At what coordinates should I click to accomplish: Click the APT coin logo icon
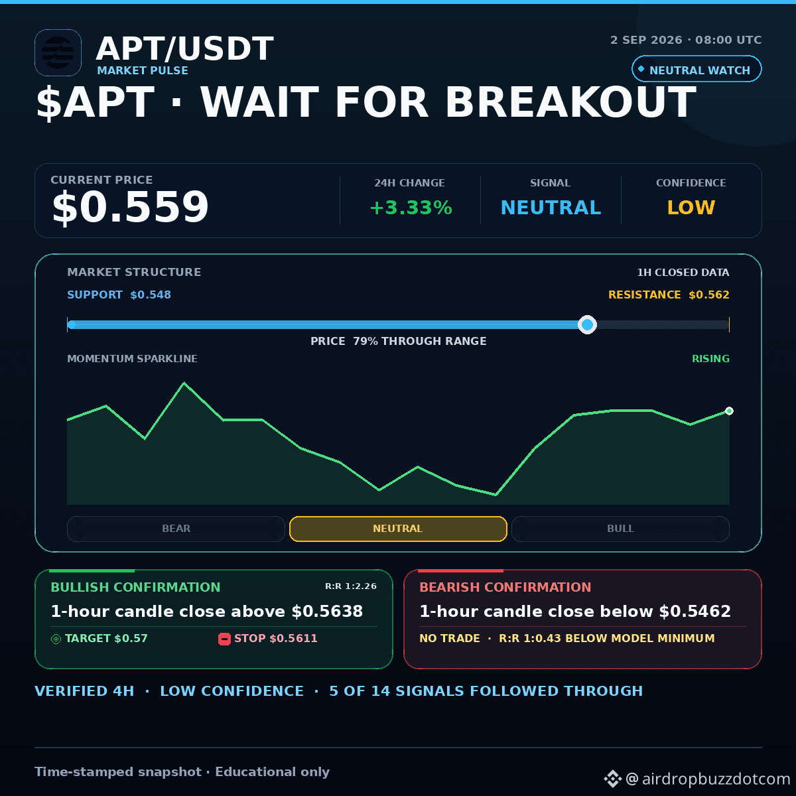[58, 52]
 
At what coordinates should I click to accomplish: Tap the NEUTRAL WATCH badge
[696, 69]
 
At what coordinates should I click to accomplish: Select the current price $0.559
[130, 206]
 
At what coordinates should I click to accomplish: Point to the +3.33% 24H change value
[411, 208]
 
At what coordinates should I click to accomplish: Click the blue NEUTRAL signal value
[551, 208]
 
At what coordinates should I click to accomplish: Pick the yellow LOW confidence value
[691, 208]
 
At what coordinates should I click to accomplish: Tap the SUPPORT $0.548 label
[119, 295]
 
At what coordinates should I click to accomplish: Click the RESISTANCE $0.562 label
[669, 295]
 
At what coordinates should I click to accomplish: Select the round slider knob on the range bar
[587, 324]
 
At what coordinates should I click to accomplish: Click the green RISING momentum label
[710, 359]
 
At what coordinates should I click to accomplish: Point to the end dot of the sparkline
[729, 411]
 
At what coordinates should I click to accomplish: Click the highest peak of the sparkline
[184, 383]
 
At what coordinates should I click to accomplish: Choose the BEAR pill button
[176, 529]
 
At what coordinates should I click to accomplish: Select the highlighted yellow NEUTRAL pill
[398, 529]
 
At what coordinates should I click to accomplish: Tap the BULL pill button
[620, 529]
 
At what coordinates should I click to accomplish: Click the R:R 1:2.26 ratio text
[351, 586]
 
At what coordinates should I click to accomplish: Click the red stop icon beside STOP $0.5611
[224, 639]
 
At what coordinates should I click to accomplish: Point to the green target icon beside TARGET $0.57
[56, 639]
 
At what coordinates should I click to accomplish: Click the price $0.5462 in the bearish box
[695, 612]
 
